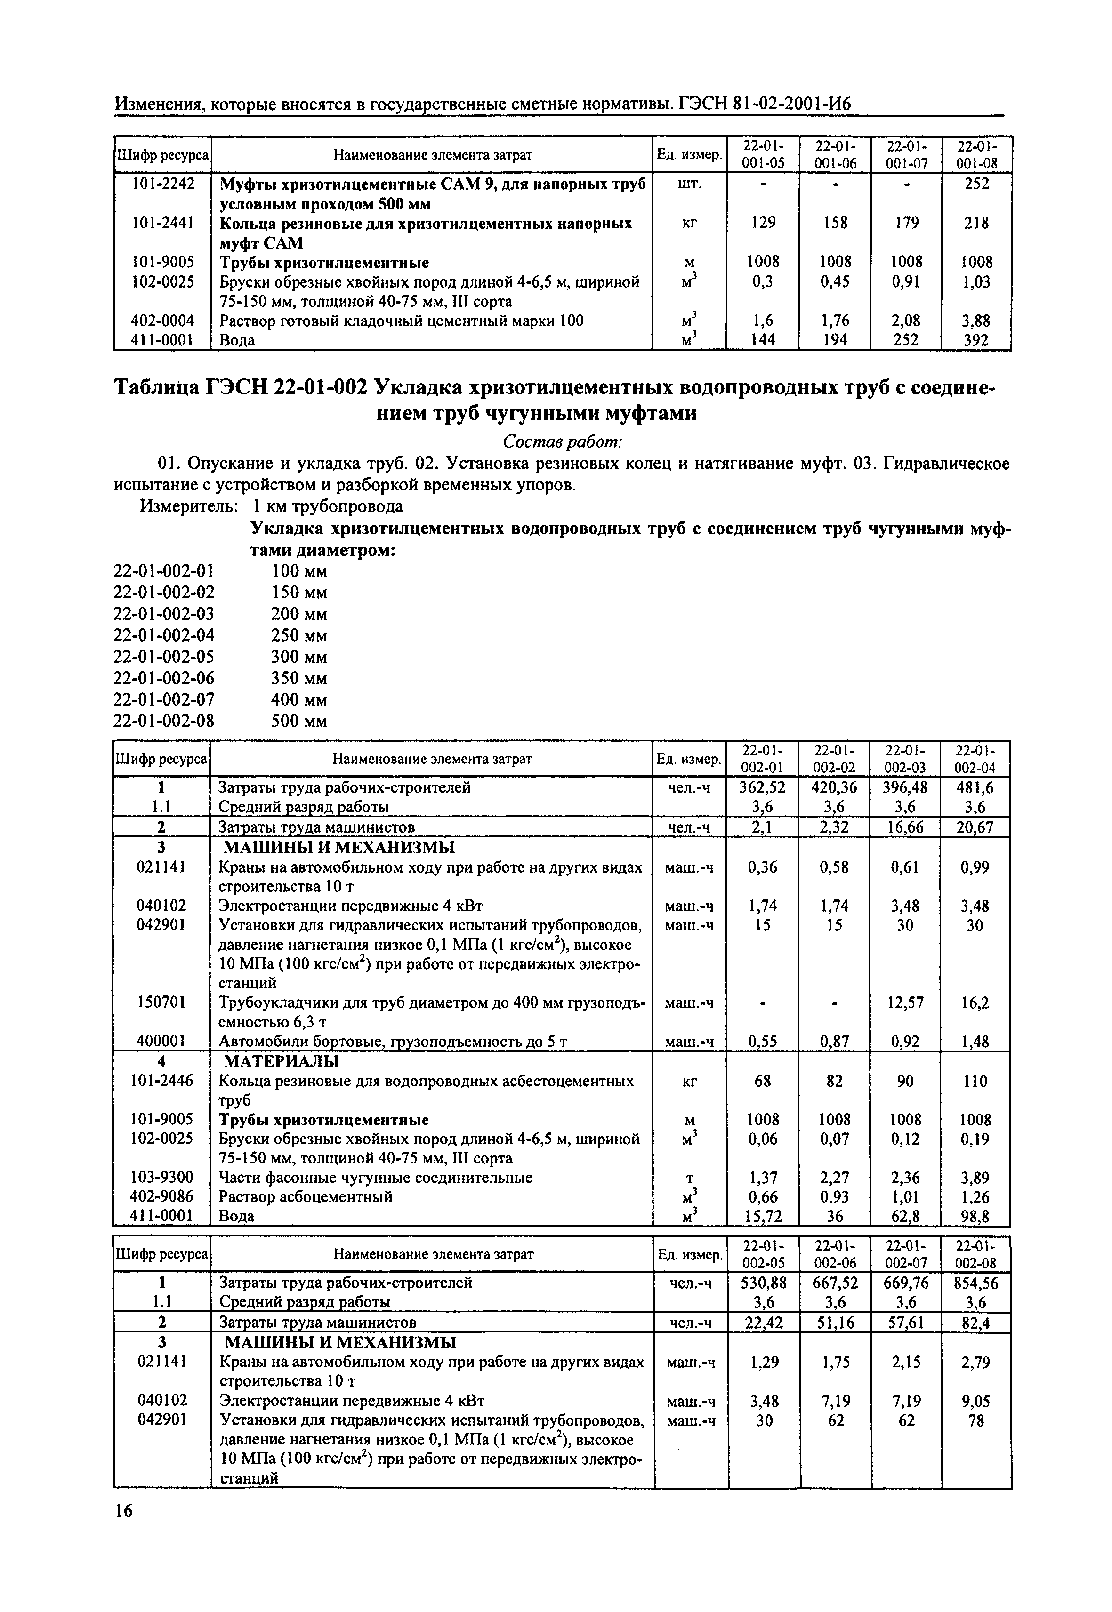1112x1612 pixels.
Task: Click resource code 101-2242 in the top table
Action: pyautogui.click(x=162, y=184)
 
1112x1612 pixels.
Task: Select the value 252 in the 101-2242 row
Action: pyautogui.click(x=975, y=184)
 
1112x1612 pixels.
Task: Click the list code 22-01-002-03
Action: pyautogui.click(x=164, y=614)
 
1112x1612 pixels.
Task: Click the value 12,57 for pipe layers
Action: pyautogui.click(x=904, y=1002)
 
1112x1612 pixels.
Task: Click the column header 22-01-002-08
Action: pyautogui.click(x=975, y=1255)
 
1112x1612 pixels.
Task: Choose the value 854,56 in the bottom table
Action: pyautogui.click(x=975, y=1283)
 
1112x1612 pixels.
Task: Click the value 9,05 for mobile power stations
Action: pyautogui.click(x=975, y=1401)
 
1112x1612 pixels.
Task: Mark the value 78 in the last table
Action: pyautogui.click(x=975, y=1420)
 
